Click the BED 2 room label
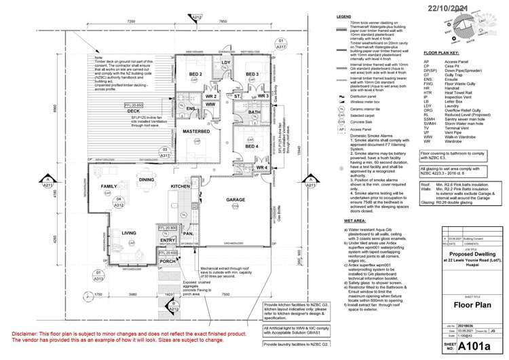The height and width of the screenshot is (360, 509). tap(195, 74)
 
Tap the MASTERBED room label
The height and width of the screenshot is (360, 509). tap(195, 130)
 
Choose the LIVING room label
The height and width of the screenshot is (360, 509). tap(130, 233)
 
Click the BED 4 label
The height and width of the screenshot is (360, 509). tap(252, 146)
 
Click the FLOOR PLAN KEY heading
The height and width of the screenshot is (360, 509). tap(443, 52)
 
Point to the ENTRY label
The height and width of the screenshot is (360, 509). tap(168, 240)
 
